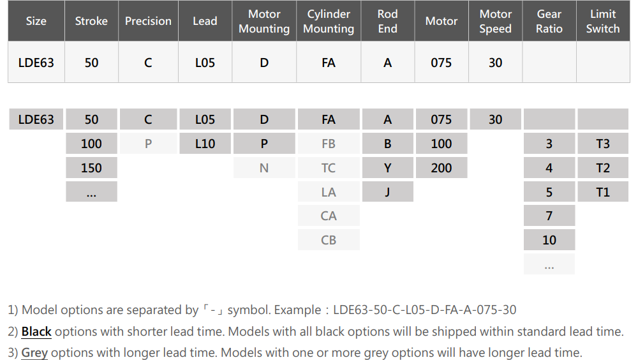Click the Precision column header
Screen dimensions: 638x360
148,21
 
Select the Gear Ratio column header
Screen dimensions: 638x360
549,21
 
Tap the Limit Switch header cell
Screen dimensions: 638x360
603,21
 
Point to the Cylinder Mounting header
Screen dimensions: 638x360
329,21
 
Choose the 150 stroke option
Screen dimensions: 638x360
91,168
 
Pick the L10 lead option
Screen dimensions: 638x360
205,144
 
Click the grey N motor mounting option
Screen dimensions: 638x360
264,168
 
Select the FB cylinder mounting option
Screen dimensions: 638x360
329,144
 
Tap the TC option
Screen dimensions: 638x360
329,168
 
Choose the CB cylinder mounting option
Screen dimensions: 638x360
329,240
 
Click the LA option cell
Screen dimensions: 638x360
329,192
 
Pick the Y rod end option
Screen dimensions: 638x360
387,168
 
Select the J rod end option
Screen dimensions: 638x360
387,192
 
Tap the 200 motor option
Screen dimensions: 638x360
441,168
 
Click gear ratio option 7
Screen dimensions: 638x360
549,216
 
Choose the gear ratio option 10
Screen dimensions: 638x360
549,240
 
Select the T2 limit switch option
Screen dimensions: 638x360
603,168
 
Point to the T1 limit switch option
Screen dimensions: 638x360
603,192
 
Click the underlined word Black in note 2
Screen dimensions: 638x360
36,331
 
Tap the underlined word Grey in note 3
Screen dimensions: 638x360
34,353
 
